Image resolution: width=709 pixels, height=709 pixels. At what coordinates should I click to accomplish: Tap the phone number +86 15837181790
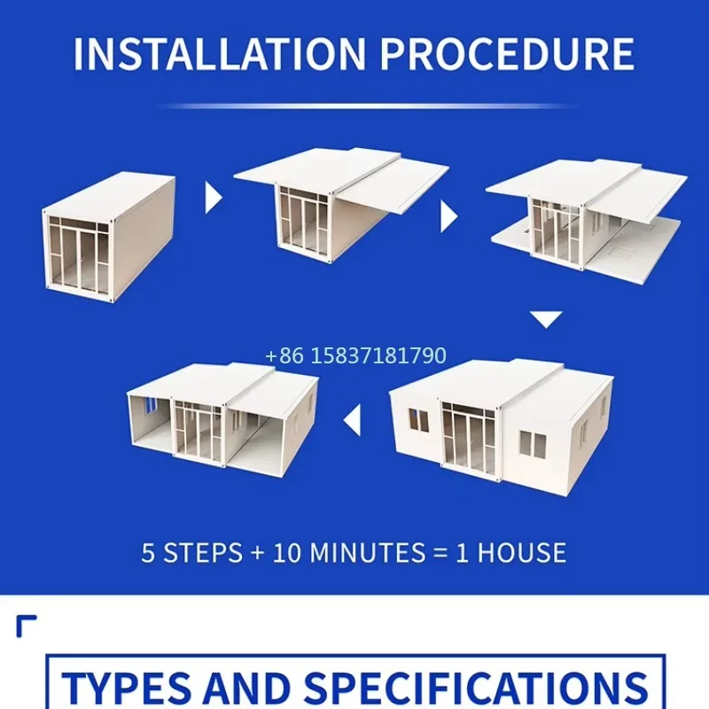(355, 356)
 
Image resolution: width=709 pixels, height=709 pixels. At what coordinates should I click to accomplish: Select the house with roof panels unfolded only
(341, 208)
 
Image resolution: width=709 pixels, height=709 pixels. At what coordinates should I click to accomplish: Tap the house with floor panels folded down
(585, 222)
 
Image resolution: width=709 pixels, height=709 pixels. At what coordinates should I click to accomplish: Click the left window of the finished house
(417, 420)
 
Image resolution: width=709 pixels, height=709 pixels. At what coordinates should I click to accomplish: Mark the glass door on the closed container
(80, 258)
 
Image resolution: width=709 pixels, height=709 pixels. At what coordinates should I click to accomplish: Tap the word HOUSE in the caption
(522, 553)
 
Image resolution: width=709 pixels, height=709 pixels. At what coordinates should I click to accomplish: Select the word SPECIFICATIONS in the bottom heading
(479, 687)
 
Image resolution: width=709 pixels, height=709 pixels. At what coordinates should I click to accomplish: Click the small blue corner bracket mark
(26, 624)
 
